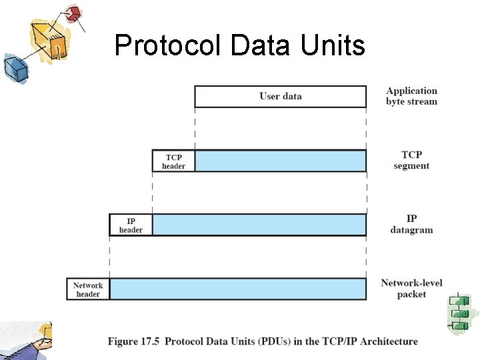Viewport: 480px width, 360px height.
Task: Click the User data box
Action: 280,97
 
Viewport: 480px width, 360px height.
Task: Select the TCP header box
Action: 173,161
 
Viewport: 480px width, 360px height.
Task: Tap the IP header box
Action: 131,225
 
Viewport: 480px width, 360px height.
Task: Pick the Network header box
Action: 88,289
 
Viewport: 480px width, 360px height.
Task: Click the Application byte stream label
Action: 411,96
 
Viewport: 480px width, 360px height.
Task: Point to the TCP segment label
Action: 411,161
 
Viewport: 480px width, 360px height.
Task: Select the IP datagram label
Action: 411,225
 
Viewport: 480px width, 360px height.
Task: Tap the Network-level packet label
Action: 411,289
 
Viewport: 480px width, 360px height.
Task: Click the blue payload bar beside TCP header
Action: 280,161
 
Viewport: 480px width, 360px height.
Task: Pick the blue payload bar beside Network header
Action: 237,289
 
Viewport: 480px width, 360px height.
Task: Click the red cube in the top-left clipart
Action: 73,13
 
